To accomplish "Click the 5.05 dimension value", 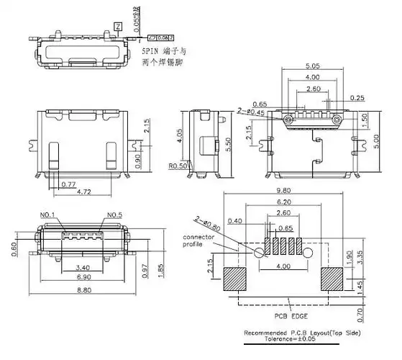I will [x=311, y=66].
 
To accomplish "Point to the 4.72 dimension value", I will [x=83, y=192].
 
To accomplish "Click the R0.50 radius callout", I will [x=178, y=166].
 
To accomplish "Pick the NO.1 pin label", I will [x=47, y=215].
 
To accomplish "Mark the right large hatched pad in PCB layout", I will [x=333, y=279].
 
